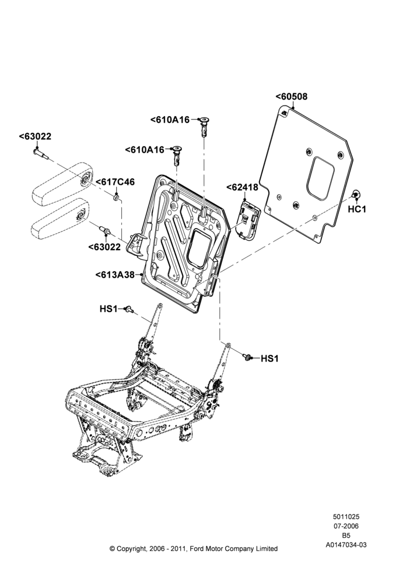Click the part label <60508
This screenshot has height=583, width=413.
click(x=291, y=97)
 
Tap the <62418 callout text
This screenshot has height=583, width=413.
click(x=242, y=187)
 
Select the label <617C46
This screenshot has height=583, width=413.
click(x=116, y=182)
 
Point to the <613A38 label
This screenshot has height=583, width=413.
click(x=114, y=275)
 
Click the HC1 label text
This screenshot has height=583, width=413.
click(x=357, y=209)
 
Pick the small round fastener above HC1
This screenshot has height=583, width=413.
click(x=356, y=194)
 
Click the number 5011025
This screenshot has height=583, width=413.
click(x=346, y=517)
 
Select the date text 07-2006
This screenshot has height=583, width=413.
click(x=346, y=526)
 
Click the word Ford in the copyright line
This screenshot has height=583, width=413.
click(x=197, y=549)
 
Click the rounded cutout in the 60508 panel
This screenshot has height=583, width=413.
click(x=320, y=177)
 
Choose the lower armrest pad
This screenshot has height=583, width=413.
click(x=60, y=217)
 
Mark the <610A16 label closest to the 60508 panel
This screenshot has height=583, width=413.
click(x=170, y=120)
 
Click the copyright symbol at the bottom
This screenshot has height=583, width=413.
click(x=113, y=549)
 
